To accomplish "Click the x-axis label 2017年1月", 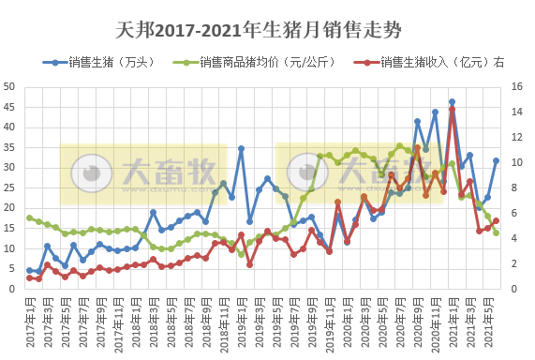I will point(29,323).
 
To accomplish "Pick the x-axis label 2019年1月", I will point(240,323).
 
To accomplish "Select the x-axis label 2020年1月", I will point(346,323).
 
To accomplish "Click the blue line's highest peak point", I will point(452,102).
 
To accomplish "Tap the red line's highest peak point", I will point(452,110).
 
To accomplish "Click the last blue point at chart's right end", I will point(496,160).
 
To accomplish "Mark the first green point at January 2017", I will point(29,217).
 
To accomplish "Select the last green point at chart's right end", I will point(496,232).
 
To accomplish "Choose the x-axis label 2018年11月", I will point(222,323).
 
